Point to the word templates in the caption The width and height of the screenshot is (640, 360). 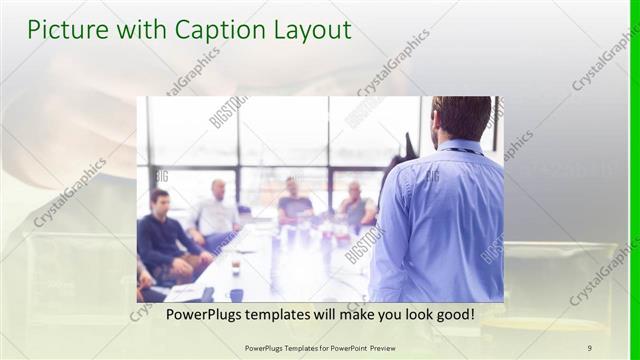coord(284,315)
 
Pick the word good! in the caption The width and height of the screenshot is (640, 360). coord(452,315)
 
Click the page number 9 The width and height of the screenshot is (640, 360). coord(589,347)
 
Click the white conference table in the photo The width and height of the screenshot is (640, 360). coord(280,265)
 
